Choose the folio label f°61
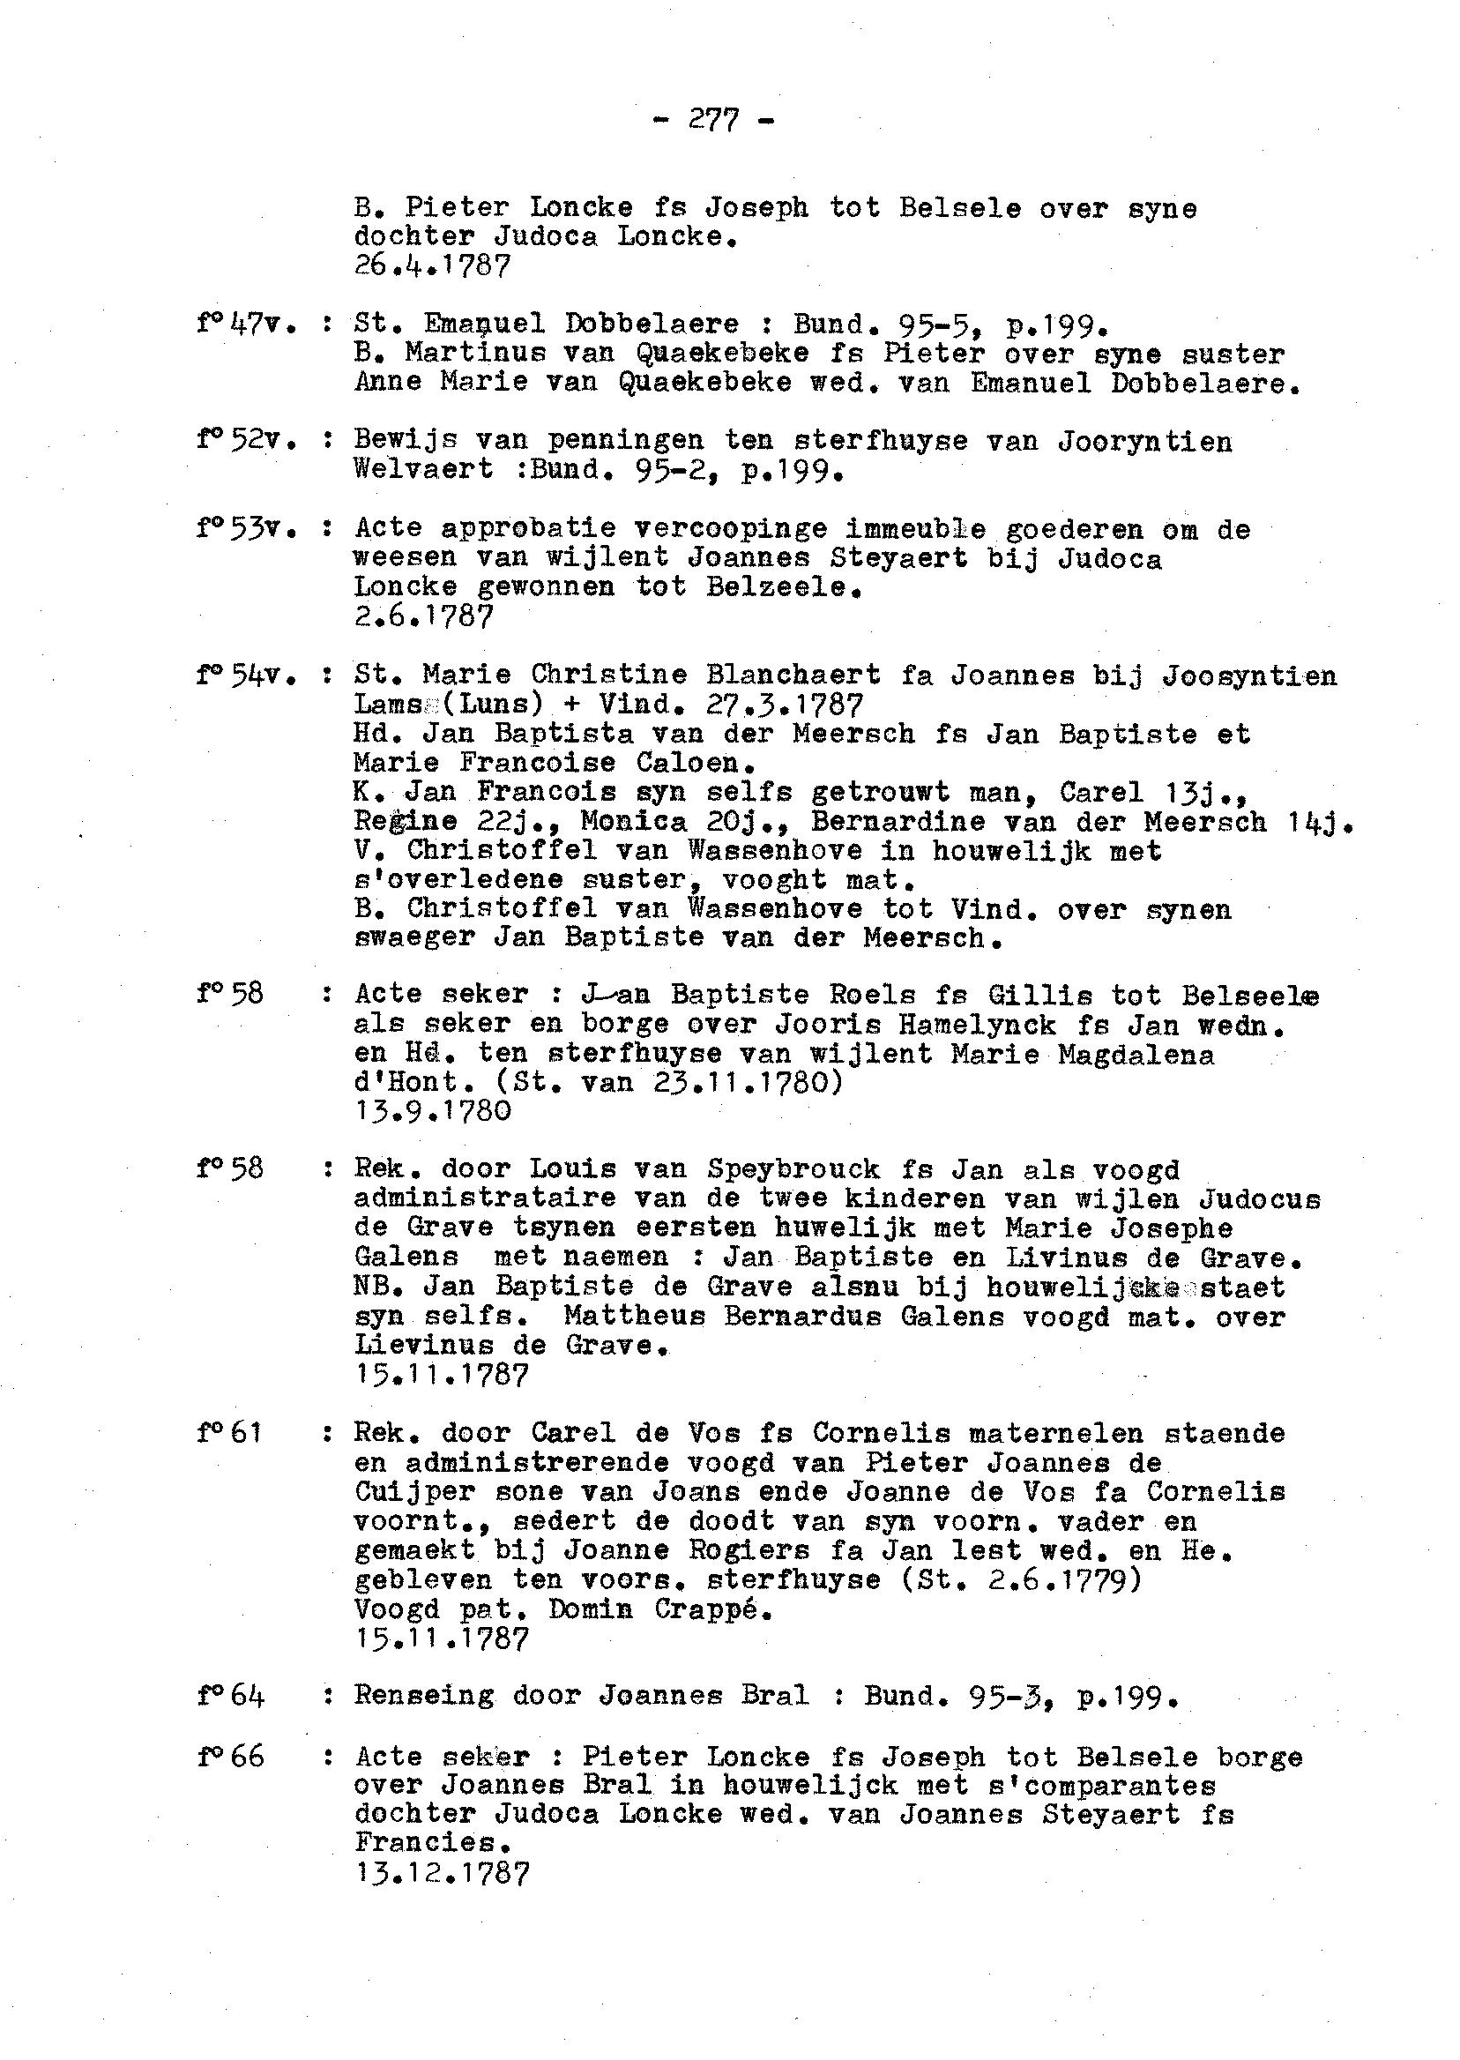coord(229,1431)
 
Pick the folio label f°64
coord(230,1695)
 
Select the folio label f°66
coord(230,1755)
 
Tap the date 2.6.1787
coord(423,616)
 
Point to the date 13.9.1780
coord(432,1111)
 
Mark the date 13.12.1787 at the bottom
coord(442,1873)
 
